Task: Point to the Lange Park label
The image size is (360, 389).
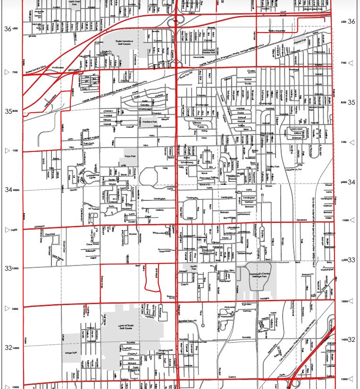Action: point(69,352)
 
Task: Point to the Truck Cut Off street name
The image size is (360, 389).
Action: point(187,75)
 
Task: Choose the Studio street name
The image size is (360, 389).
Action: point(248,83)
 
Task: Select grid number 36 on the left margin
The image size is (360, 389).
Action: point(8,29)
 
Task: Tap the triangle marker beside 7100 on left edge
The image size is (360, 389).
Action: point(6,72)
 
